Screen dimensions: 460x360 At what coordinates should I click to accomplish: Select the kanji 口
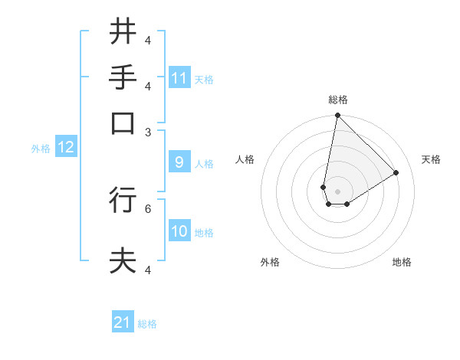click(x=123, y=123)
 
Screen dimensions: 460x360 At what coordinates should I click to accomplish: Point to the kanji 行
click(x=123, y=200)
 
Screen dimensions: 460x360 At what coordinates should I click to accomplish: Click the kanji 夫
click(x=123, y=260)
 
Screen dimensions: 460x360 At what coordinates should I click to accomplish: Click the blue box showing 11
click(x=179, y=78)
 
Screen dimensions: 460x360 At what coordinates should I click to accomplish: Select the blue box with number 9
click(x=179, y=162)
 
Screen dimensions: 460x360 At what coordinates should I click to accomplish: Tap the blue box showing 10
click(x=179, y=231)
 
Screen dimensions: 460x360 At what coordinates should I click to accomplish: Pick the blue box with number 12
click(x=65, y=147)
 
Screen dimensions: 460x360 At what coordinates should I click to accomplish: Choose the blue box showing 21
click(x=123, y=322)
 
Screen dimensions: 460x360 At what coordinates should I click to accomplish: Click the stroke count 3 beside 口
click(x=148, y=132)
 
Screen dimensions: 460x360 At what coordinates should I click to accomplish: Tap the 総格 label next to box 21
click(x=148, y=324)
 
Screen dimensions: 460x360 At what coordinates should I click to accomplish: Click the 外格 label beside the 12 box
click(x=41, y=148)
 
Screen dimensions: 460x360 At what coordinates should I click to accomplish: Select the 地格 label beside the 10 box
click(x=205, y=232)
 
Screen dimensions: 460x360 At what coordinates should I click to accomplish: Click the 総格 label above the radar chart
click(x=338, y=100)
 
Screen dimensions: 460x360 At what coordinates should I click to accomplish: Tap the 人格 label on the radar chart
click(x=245, y=159)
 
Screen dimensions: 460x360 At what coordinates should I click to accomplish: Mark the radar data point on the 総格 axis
click(x=337, y=116)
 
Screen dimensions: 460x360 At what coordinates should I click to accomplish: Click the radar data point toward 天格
click(x=396, y=172)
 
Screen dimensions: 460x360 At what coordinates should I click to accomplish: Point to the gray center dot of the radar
click(x=337, y=191)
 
